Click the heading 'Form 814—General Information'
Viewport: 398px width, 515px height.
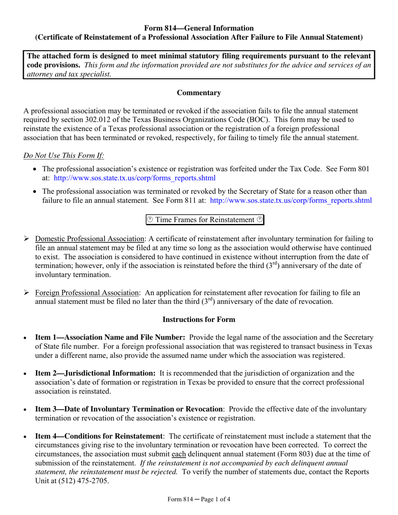coord(199,28)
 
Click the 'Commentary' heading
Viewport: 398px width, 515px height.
coord(199,93)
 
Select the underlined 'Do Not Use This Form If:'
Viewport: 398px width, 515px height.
coord(64,156)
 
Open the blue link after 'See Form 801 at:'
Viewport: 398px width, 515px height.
coord(135,178)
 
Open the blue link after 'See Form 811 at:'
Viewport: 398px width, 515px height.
coord(290,200)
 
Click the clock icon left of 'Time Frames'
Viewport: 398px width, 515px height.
coord(150,220)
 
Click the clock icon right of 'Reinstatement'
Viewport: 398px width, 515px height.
coord(260,220)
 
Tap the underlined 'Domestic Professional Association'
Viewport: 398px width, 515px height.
coord(90,239)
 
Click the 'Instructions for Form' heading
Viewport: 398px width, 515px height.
coord(199,319)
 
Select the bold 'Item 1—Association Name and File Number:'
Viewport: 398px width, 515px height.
coord(110,337)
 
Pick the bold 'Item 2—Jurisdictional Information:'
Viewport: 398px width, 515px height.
coord(96,373)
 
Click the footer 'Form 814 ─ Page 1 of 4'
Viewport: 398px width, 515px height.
coord(199,499)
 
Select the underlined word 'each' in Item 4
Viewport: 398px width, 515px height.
coord(179,454)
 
